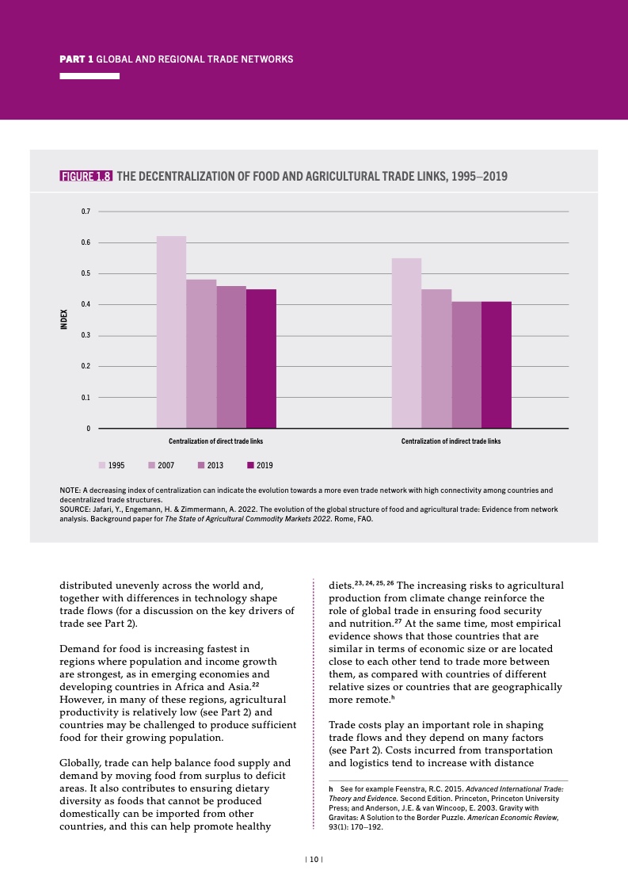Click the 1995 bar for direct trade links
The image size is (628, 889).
pos(171,332)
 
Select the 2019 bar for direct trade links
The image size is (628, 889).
pos(261,359)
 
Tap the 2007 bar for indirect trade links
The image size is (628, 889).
pos(436,359)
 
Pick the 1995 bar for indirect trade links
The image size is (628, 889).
pos(406,343)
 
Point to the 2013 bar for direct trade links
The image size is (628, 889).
pos(231,357)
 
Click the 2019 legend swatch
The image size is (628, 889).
pos(250,465)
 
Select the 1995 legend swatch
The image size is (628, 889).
pos(102,465)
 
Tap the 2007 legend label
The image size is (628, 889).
pos(166,465)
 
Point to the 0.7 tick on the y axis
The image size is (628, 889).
pos(86,212)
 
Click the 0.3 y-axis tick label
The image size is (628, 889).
pos(86,335)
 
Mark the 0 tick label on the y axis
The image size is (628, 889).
pos(89,429)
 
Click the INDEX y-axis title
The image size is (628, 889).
pos(64,319)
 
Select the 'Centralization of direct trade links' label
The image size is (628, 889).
pos(216,441)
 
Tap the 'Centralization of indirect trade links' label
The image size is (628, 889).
pos(451,441)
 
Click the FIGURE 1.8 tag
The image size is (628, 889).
pos(86,177)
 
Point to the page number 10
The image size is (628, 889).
pos(314,859)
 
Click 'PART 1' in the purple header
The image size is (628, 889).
pos(77,59)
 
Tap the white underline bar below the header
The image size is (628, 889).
pos(89,76)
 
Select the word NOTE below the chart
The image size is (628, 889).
pos(70,490)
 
